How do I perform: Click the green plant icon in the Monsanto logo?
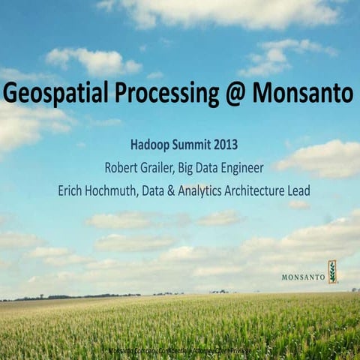332,271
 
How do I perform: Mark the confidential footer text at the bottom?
180,350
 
